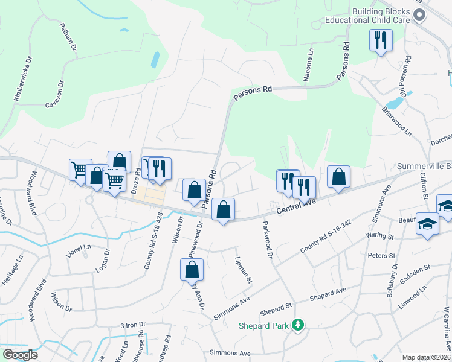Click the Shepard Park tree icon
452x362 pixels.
(x=297, y=326)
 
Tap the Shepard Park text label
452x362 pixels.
(x=265, y=326)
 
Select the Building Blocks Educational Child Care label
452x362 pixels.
(x=368, y=16)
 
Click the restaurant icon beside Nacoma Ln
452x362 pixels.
(x=381, y=40)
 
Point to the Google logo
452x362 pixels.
(x=20, y=355)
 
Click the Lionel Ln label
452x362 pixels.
(x=79, y=247)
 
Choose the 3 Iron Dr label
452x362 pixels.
(x=134, y=325)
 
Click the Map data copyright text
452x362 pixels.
(x=425, y=357)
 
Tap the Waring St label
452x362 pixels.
(x=380, y=236)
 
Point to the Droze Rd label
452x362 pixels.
(x=135, y=180)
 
